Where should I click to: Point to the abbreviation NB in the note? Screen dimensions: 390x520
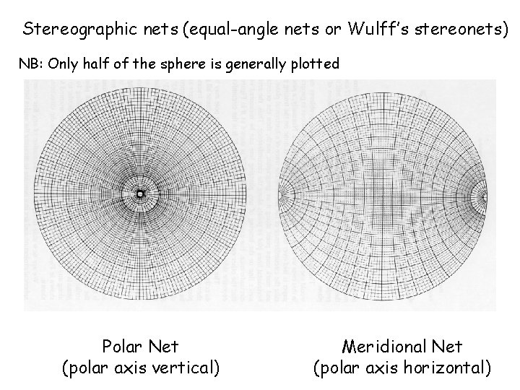click(x=29, y=64)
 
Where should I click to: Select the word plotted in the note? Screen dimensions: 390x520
click(x=315, y=64)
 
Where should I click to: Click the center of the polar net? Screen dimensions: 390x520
click(x=139, y=194)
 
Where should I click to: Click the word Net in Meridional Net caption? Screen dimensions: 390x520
click(x=446, y=347)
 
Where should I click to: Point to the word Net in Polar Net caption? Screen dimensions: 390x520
click(x=162, y=347)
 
